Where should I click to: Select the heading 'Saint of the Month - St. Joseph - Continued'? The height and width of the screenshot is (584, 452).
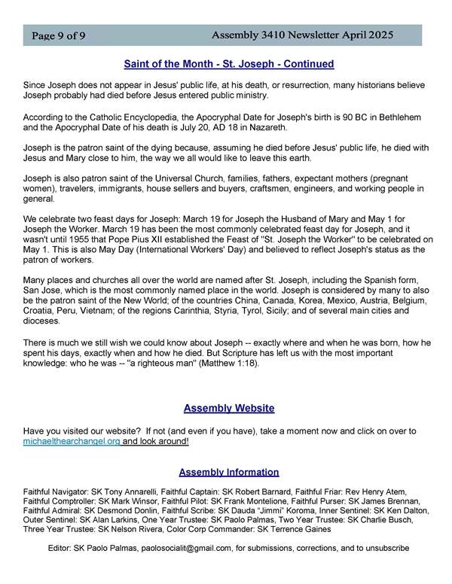(x=228, y=65)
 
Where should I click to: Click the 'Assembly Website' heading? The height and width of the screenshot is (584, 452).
(x=228, y=409)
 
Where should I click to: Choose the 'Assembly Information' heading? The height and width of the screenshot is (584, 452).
(x=228, y=473)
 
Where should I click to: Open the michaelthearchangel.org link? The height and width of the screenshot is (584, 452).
(x=72, y=441)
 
